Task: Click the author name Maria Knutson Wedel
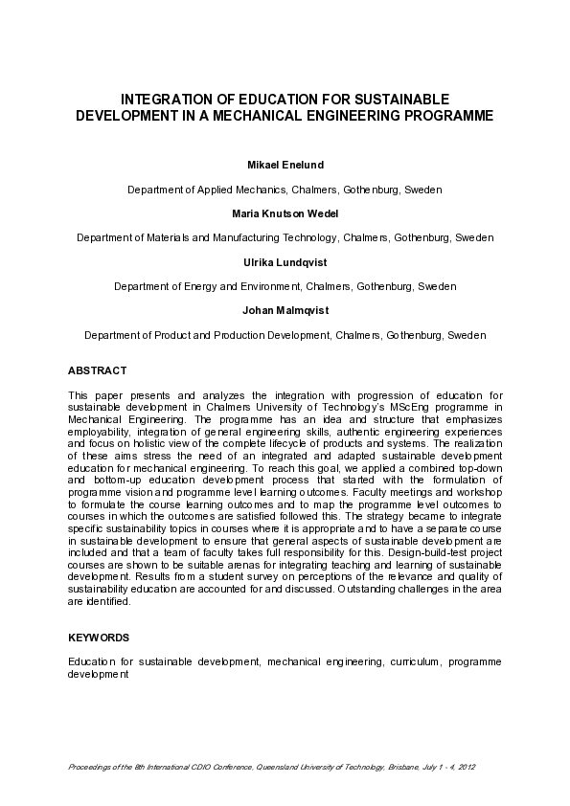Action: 285,213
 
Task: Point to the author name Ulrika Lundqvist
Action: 285,262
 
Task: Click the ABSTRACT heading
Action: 97,370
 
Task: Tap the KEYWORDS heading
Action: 99,637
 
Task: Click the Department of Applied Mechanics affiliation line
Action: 285,190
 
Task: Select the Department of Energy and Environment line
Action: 285,286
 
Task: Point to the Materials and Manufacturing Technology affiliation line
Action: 285,237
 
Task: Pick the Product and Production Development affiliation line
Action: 285,336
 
